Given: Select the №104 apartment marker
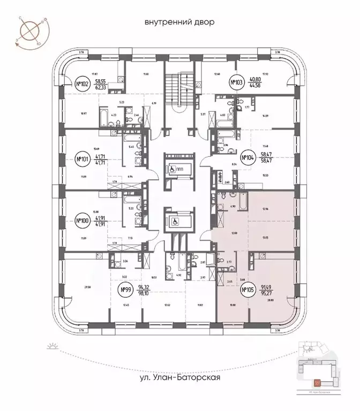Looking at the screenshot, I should pos(247,157).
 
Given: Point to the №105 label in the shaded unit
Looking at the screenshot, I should pos(247,291).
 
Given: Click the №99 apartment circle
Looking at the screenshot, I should pos(124,291).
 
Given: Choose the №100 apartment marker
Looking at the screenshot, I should pos(82,220).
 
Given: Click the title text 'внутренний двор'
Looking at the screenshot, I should pos(179,22).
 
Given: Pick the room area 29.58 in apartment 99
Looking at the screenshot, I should pos(72,287).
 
